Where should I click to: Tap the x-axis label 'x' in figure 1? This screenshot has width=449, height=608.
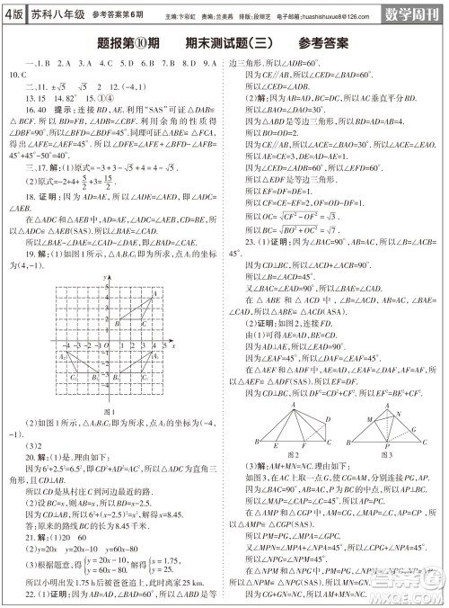[173, 345]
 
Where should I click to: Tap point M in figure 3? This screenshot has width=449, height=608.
[371, 418]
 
